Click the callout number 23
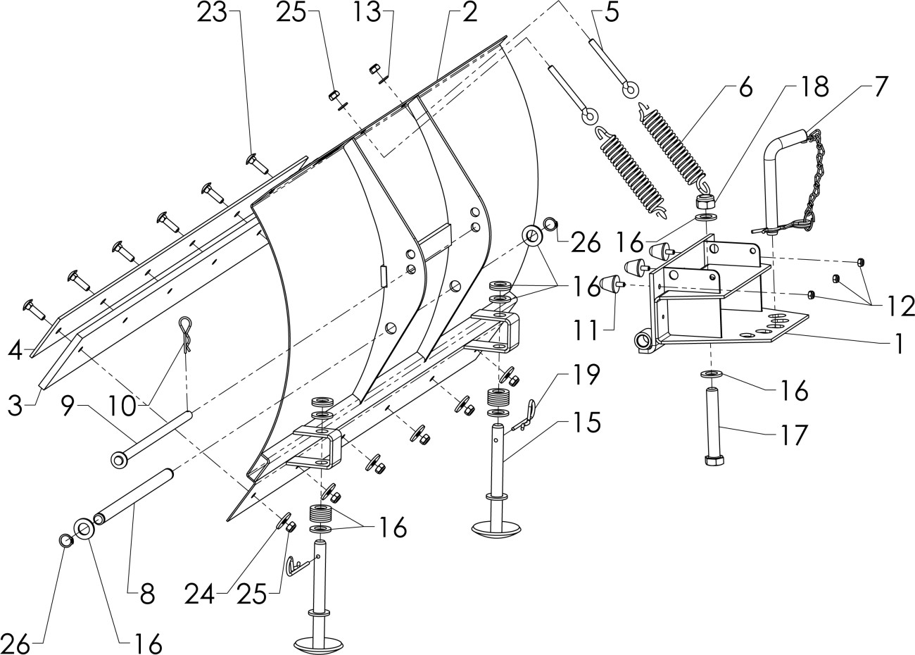(212, 13)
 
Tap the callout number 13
(367, 13)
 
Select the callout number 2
(469, 13)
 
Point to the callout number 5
(612, 13)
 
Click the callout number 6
(745, 87)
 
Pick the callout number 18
(814, 87)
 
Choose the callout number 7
(881, 87)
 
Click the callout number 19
(586, 375)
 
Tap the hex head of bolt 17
(715, 460)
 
